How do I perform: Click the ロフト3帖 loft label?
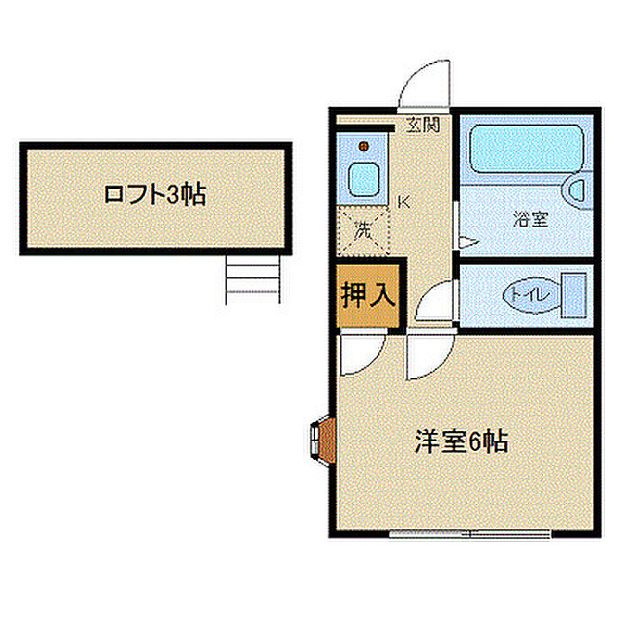point(155,195)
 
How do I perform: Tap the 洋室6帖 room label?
point(461,441)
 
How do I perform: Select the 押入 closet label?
point(368,295)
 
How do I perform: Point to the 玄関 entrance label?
point(423,125)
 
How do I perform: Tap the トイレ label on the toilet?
point(529,296)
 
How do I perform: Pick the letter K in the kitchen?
point(403,202)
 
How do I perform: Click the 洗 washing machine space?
point(364,230)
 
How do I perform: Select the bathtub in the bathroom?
point(526,149)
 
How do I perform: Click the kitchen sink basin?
point(364,180)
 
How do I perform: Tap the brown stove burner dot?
point(364,146)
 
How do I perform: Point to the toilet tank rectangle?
point(574,295)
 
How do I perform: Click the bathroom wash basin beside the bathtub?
point(578,191)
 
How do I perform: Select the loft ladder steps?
point(253,280)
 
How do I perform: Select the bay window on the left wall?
point(322,441)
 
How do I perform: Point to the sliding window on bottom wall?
point(470,534)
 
